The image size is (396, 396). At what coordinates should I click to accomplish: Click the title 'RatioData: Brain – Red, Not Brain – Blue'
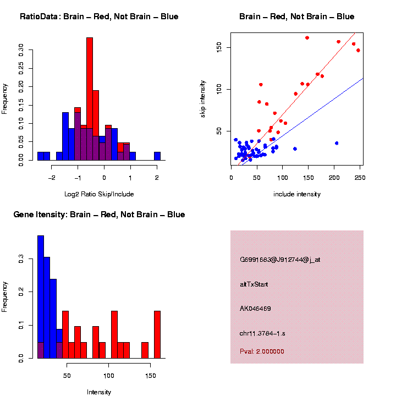(99, 17)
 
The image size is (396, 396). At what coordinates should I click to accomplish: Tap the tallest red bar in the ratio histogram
(90, 99)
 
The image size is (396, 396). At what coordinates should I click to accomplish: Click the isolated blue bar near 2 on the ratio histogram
(157, 156)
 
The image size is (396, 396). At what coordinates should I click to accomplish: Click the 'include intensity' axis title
(297, 194)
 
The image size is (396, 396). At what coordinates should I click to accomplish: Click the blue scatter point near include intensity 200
(337, 143)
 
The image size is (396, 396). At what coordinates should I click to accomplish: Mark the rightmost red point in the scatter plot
(358, 50)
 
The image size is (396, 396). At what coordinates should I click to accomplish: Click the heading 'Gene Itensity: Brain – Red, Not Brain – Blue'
(100, 215)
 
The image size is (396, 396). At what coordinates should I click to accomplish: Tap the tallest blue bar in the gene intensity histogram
(41, 297)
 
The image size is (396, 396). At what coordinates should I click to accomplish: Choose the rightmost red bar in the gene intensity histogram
(157, 334)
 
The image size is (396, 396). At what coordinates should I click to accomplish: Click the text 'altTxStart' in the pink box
(254, 284)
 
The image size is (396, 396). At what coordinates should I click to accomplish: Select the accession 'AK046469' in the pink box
(255, 309)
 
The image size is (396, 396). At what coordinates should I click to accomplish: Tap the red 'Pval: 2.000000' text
(262, 351)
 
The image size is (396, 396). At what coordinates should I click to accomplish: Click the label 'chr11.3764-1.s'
(262, 333)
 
